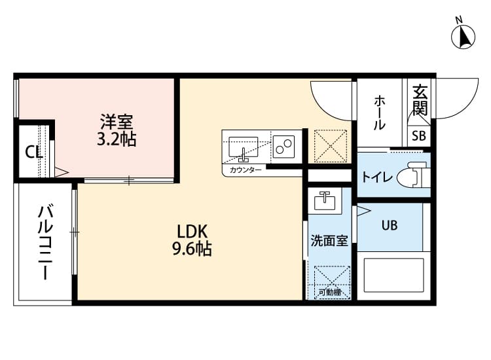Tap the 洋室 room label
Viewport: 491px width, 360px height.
pos(117,121)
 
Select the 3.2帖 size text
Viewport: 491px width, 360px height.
pos(117,139)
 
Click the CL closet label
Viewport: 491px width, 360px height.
pos(33,153)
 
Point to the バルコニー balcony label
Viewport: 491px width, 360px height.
pos(45,242)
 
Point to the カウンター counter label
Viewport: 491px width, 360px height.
pos(245,170)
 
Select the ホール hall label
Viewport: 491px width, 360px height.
pos(380,112)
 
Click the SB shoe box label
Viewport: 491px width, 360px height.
pos(418,136)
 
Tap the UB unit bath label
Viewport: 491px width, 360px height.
pos(389,225)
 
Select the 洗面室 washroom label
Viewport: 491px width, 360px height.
pos(329,241)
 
